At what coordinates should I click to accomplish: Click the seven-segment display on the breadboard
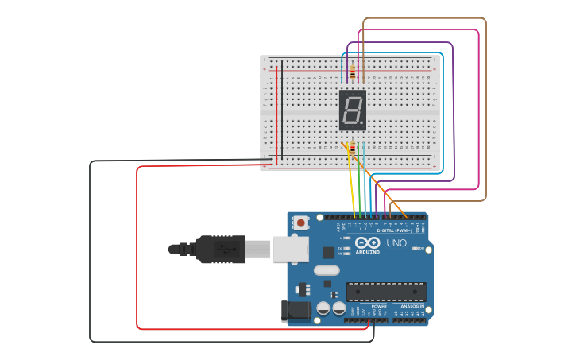(353, 110)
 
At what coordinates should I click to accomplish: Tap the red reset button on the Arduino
(301, 223)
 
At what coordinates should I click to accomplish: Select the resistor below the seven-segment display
(352, 149)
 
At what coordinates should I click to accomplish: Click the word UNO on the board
(396, 242)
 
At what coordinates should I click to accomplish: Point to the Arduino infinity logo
(367, 243)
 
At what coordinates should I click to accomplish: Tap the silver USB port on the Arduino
(290, 249)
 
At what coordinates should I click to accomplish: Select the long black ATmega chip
(386, 291)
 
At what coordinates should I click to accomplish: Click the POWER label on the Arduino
(379, 306)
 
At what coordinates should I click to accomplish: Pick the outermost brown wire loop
(485, 111)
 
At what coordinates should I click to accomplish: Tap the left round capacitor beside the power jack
(323, 308)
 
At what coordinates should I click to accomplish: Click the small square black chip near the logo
(329, 253)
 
